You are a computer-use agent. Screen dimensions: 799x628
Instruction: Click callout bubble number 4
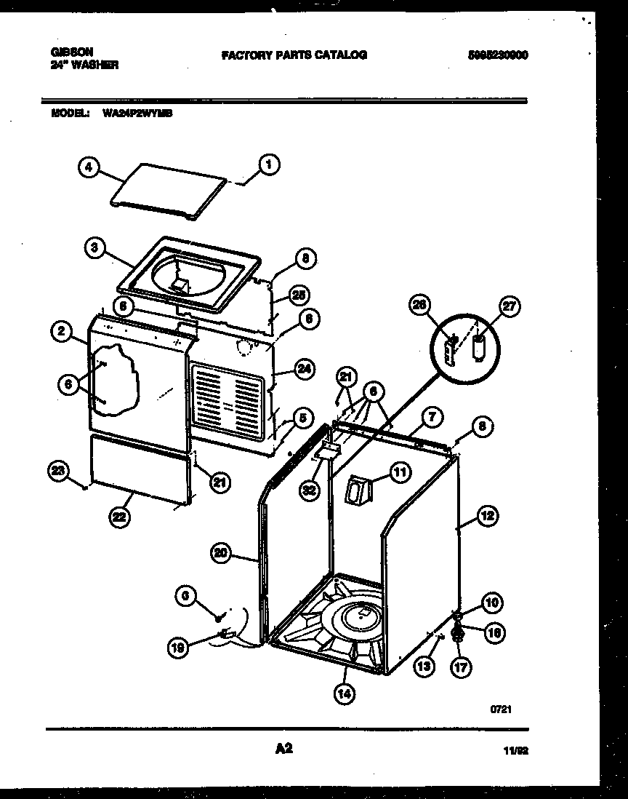(88, 167)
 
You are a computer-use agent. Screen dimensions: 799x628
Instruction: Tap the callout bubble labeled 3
(94, 247)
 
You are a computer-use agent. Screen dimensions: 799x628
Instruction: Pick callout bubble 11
(400, 472)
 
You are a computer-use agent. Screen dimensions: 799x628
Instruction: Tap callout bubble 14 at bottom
(345, 694)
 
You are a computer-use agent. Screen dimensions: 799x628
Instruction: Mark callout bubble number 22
(118, 517)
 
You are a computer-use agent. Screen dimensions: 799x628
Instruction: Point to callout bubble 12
(486, 516)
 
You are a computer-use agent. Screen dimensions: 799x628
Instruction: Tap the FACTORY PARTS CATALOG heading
(294, 55)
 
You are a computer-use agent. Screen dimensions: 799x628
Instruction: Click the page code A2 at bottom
(284, 748)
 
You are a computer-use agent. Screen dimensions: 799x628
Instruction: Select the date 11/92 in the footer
(514, 753)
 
